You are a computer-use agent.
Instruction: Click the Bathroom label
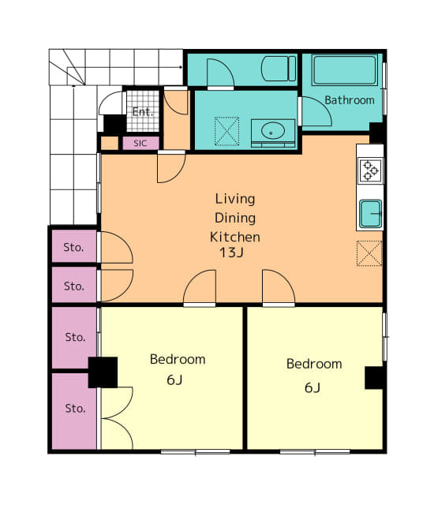[x=350, y=100]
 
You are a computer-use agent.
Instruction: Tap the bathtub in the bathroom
[x=345, y=70]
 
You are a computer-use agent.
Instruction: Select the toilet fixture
[x=279, y=69]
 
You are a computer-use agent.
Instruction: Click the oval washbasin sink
[x=273, y=130]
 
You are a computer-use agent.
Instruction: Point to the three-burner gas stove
[x=371, y=170]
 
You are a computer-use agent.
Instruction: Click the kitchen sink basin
[x=371, y=214]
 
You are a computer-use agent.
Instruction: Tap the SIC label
[x=140, y=144]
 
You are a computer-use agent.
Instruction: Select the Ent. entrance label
[x=143, y=112]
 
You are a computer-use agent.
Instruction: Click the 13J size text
[x=231, y=252]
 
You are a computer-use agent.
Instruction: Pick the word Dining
[x=235, y=218]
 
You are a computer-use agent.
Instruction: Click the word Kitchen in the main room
[x=235, y=237]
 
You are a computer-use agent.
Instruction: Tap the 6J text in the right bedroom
[x=313, y=387]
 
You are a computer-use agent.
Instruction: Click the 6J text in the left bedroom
[x=174, y=380]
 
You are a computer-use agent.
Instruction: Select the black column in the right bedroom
[x=373, y=378]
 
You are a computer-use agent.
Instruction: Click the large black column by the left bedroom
[x=103, y=372]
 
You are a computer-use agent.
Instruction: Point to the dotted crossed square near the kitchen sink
[x=369, y=253]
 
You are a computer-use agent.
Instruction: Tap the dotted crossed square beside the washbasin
[x=226, y=131]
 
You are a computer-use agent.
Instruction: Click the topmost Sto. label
[x=73, y=247]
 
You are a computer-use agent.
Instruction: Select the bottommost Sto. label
[x=75, y=409]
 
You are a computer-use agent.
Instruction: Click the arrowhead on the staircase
[x=181, y=67]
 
